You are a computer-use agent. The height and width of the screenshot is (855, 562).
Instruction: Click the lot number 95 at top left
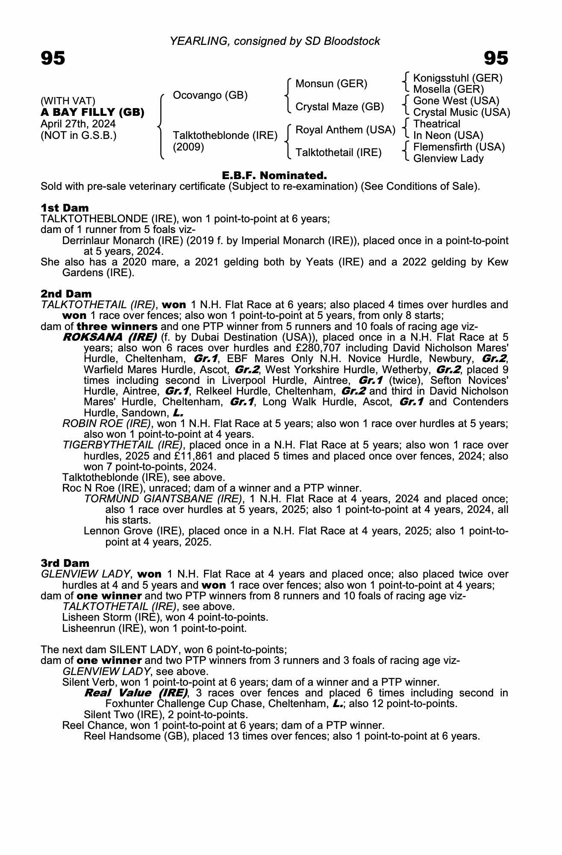(53, 58)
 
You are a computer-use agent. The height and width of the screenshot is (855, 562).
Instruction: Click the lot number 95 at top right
(496, 58)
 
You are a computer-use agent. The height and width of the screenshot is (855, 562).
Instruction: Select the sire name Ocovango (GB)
(210, 95)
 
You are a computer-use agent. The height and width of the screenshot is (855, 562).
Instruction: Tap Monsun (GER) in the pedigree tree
(331, 83)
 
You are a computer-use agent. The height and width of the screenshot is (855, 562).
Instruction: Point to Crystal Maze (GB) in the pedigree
(340, 106)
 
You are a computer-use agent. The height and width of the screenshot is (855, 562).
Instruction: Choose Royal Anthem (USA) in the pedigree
(345, 130)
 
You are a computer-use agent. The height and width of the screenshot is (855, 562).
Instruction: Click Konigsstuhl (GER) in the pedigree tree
(458, 78)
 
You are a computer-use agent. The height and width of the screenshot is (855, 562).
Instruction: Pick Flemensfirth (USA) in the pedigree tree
(459, 147)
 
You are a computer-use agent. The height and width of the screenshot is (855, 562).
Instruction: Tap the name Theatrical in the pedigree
(437, 124)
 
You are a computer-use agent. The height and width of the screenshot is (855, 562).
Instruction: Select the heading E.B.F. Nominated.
(274, 175)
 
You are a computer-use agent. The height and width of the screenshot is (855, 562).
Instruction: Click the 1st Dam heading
(65, 208)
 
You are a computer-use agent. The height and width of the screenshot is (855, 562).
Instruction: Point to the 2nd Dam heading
(66, 294)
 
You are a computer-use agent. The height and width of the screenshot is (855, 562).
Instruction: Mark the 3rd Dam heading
(65, 563)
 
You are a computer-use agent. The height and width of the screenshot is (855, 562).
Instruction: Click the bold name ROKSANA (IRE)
(110, 337)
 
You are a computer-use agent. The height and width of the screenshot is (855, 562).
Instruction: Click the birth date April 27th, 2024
(78, 124)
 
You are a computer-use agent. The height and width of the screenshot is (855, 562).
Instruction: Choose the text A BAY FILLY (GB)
(92, 112)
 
